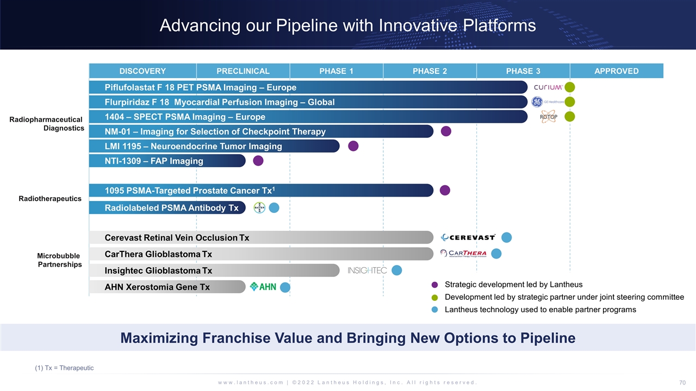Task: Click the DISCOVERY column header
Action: click(x=142, y=71)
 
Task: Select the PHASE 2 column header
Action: click(x=430, y=71)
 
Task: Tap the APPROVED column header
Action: click(x=617, y=71)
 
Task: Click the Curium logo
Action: click(x=548, y=87)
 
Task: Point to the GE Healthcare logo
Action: click(x=548, y=102)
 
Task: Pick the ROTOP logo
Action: click(x=549, y=117)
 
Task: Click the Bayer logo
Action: click(x=259, y=207)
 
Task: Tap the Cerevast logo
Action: click(x=468, y=237)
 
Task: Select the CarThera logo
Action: click(x=463, y=254)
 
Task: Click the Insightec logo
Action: click(x=367, y=270)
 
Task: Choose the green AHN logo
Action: click(x=263, y=287)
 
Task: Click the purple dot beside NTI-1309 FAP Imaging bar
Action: click(x=258, y=161)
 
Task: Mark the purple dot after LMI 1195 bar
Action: click(x=353, y=146)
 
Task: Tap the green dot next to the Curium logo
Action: click(x=569, y=87)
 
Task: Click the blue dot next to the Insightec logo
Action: click(x=397, y=270)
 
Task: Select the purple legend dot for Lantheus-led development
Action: click(x=434, y=285)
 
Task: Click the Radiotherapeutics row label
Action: click(x=50, y=199)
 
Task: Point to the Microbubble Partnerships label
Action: click(x=59, y=260)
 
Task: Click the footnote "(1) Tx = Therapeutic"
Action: click(x=64, y=368)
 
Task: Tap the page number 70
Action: click(x=682, y=383)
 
